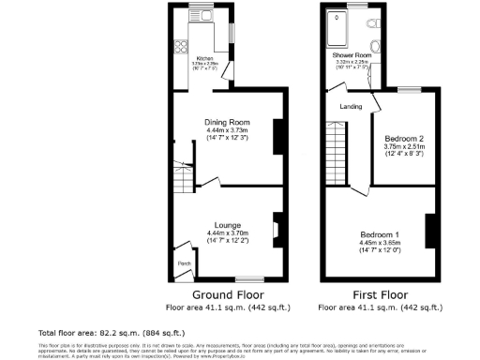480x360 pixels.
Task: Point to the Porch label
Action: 184,263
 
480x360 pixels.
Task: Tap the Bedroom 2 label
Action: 401,138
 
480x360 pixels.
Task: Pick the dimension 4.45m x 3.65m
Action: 382,241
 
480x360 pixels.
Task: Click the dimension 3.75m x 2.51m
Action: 401,146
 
